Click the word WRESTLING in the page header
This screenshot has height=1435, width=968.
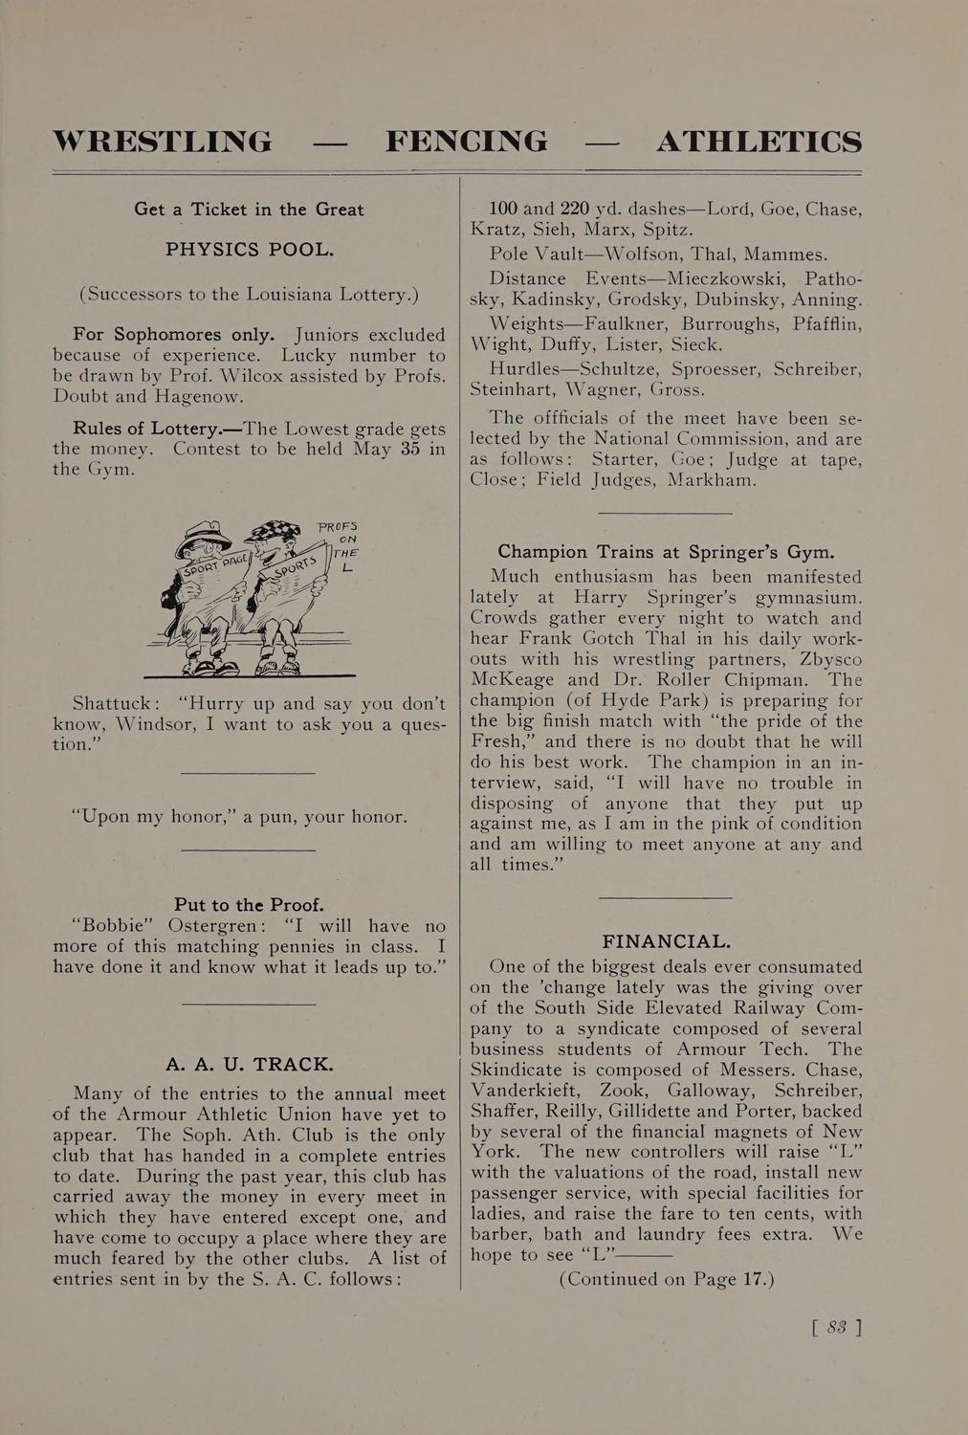click(163, 142)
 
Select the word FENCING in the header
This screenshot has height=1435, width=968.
click(467, 142)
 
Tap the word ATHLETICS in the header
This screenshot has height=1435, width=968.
click(759, 142)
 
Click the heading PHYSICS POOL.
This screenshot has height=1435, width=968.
click(249, 250)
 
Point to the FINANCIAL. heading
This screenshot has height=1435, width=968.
click(667, 941)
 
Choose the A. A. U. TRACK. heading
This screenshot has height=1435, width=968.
click(250, 1064)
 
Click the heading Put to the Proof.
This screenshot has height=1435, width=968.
click(249, 904)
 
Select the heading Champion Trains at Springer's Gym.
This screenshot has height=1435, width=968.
click(666, 552)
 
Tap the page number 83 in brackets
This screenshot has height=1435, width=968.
click(836, 1327)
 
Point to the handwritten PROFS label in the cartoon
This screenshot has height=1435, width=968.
click(338, 526)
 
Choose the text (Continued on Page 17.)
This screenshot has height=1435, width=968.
click(666, 1279)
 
